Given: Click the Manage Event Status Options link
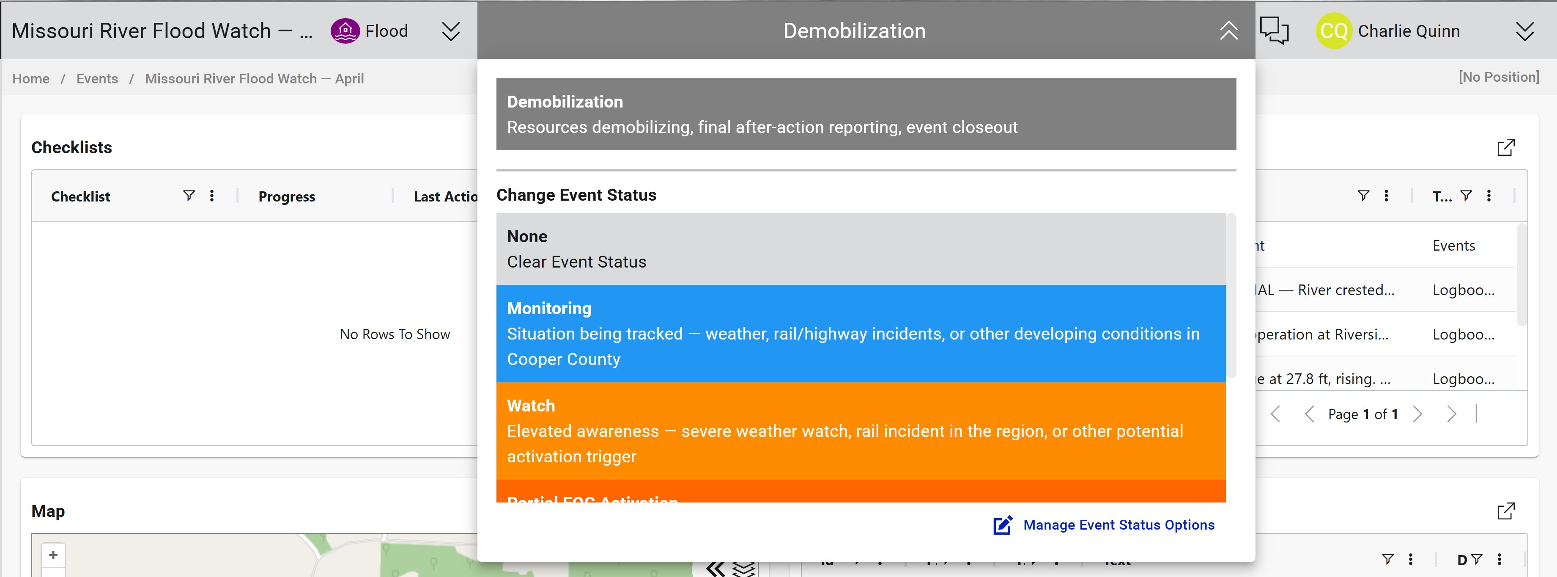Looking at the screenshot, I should [x=1118, y=525].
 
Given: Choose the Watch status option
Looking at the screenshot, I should [x=860, y=431].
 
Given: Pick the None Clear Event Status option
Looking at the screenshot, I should [x=860, y=248].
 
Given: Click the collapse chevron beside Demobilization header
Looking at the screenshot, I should [x=1228, y=31].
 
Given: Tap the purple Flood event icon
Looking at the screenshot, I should [x=345, y=31].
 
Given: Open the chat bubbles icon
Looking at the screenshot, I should [x=1274, y=31].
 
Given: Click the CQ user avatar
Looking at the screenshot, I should [x=1333, y=31].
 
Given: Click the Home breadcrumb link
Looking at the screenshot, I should [x=31, y=79].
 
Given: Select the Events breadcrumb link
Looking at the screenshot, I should [x=97, y=79].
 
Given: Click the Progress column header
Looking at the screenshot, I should [x=287, y=196].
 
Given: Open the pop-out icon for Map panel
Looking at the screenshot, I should [x=1506, y=511].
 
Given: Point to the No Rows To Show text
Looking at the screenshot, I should [x=395, y=334].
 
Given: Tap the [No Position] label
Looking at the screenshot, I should [x=1498, y=77].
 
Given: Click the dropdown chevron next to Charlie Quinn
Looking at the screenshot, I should [x=1524, y=31].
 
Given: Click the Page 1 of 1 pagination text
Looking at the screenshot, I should [x=1362, y=414].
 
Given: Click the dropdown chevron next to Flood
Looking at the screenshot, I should [x=450, y=31].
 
